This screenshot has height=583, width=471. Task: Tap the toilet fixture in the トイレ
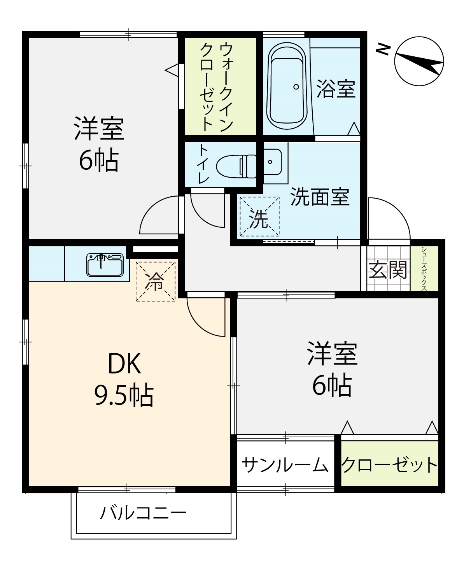(x=236, y=166)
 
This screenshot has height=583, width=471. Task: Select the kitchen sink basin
(x=105, y=265)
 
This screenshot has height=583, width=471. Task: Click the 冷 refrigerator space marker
(x=156, y=282)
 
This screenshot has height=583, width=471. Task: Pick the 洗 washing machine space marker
(x=259, y=216)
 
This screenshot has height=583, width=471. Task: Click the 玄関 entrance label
(x=388, y=269)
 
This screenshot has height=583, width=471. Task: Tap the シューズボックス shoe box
(x=424, y=269)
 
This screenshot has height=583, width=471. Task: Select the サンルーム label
(x=285, y=465)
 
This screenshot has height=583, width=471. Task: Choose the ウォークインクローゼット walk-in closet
(x=221, y=86)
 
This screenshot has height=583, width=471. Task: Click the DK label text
(x=124, y=363)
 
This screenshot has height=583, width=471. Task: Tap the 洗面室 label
(x=320, y=197)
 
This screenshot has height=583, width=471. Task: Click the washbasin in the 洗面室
(x=273, y=162)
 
